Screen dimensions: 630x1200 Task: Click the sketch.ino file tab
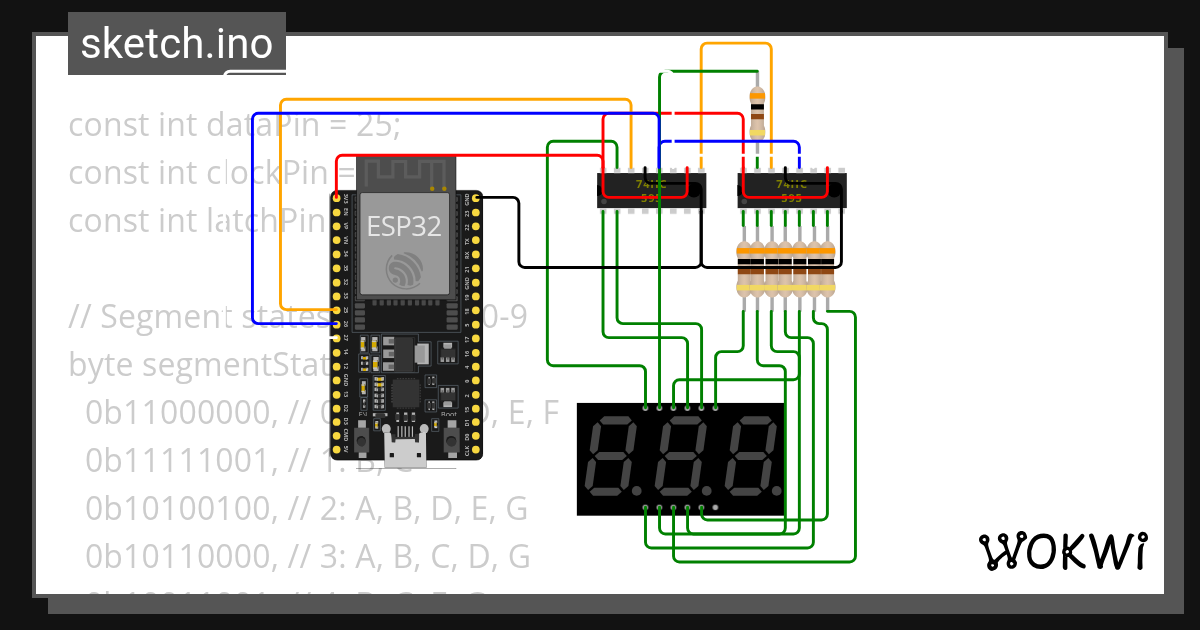tap(176, 44)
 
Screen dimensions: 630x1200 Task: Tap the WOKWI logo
tap(1062, 551)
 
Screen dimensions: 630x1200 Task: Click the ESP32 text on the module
tap(403, 226)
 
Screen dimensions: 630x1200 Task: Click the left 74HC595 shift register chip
tap(651, 190)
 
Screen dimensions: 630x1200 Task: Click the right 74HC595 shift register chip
tap(791, 190)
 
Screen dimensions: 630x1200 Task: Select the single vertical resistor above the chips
tap(757, 111)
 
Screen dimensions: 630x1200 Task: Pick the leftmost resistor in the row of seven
tap(744, 269)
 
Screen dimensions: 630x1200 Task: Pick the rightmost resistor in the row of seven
tap(828, 269)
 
